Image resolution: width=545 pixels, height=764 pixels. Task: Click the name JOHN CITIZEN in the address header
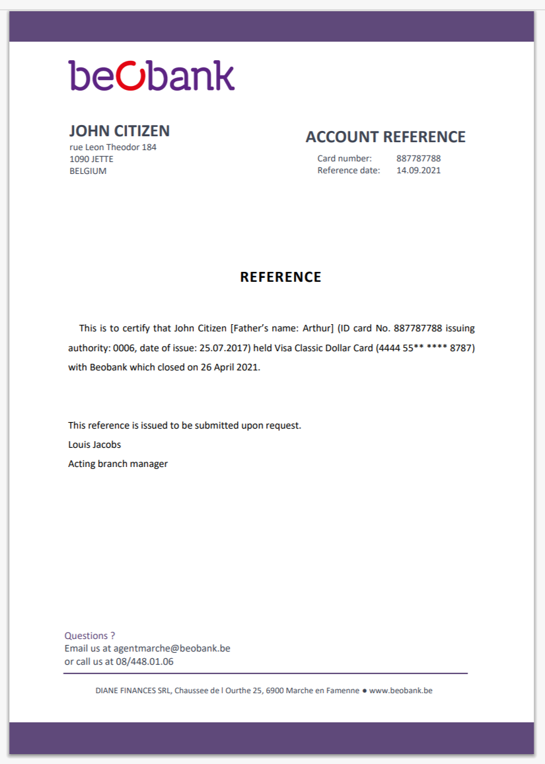coord(119,130)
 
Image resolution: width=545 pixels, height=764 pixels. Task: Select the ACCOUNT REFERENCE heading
coord(385,137)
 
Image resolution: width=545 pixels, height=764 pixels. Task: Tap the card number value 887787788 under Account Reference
coord(418,159)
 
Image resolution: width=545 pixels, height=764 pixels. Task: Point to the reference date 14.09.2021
coord(418,171)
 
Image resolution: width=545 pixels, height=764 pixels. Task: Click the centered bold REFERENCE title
coord(281,277)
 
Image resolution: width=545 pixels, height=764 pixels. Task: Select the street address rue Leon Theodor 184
coord(113,148)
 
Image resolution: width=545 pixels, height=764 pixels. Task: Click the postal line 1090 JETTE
coord(91,159)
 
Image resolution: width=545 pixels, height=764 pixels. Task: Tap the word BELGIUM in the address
coord(88,171)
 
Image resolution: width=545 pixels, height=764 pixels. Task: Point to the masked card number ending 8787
coord(425,348)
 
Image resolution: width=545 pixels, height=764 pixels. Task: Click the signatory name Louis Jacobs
coord(94,445)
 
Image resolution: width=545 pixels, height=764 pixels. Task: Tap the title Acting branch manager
coord(118,464)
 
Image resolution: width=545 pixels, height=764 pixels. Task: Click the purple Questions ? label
coord(90,636)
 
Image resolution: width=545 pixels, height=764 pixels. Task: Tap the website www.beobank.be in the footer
coord(400,691)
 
